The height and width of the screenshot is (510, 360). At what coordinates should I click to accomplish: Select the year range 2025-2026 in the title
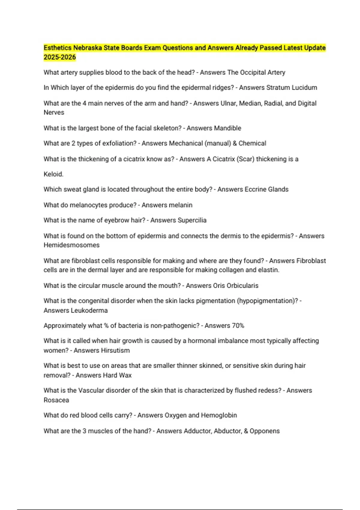tap(60, 57)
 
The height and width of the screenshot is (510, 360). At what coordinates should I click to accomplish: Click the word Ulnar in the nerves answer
tap(229, 103)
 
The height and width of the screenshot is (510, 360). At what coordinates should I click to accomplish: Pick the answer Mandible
tap(228, 128)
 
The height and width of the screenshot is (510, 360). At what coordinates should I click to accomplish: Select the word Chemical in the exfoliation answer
tap(252, 143)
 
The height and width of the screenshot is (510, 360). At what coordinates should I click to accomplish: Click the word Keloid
tap(53, 174)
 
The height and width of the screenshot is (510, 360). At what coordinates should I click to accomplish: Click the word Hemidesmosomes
tap(71, 245)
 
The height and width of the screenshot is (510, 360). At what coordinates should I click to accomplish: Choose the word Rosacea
tap(56, 400)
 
